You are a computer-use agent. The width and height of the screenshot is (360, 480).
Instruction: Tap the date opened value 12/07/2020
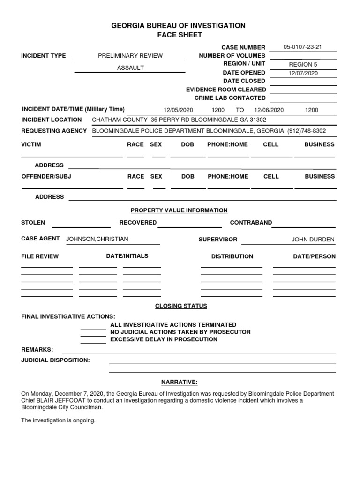click(303, 73)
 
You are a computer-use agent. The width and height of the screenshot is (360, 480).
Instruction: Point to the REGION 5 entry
click(303, 65)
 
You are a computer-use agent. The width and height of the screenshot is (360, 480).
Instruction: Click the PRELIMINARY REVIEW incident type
click(130, 56)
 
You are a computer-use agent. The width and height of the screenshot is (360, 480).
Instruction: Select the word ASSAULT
click(130, 68)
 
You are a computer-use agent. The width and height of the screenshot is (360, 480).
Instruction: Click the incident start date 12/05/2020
click(178, 110)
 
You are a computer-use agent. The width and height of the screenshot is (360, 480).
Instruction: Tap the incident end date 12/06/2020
click(269, 110)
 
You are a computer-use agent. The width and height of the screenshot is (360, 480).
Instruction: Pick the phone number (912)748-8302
click(307, 131)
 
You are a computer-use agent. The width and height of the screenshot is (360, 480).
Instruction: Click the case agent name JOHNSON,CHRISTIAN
click(97, 239)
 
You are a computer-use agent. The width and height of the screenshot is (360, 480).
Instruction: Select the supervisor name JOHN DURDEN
click(313, 240)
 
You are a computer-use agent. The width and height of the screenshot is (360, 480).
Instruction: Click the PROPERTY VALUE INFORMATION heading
click(179, 210)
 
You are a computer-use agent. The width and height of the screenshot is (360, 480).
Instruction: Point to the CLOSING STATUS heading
click(181, 306)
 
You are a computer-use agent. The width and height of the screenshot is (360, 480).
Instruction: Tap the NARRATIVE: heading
click(180, 382)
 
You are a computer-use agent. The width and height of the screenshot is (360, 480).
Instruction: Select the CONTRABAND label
click(251, 223)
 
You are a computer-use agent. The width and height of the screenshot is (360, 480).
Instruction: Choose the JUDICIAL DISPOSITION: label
click(55, 360)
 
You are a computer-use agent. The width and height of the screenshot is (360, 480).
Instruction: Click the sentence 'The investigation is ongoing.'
click(58, 420)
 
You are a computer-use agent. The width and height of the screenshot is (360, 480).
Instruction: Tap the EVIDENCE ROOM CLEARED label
click(226, 90)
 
